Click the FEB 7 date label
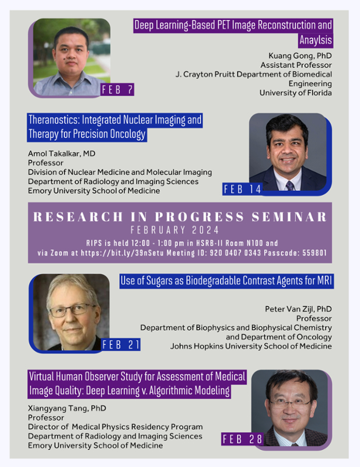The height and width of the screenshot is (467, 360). coord(117,89)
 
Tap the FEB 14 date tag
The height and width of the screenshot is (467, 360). coord(243,189)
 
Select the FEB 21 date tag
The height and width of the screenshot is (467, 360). coord(121,345)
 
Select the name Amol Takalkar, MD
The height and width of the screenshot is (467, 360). coord(62,154)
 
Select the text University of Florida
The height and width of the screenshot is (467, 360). coord(295,93)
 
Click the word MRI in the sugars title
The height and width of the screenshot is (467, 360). coord(323,281)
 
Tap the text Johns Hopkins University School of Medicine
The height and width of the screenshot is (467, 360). coord(251,346)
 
